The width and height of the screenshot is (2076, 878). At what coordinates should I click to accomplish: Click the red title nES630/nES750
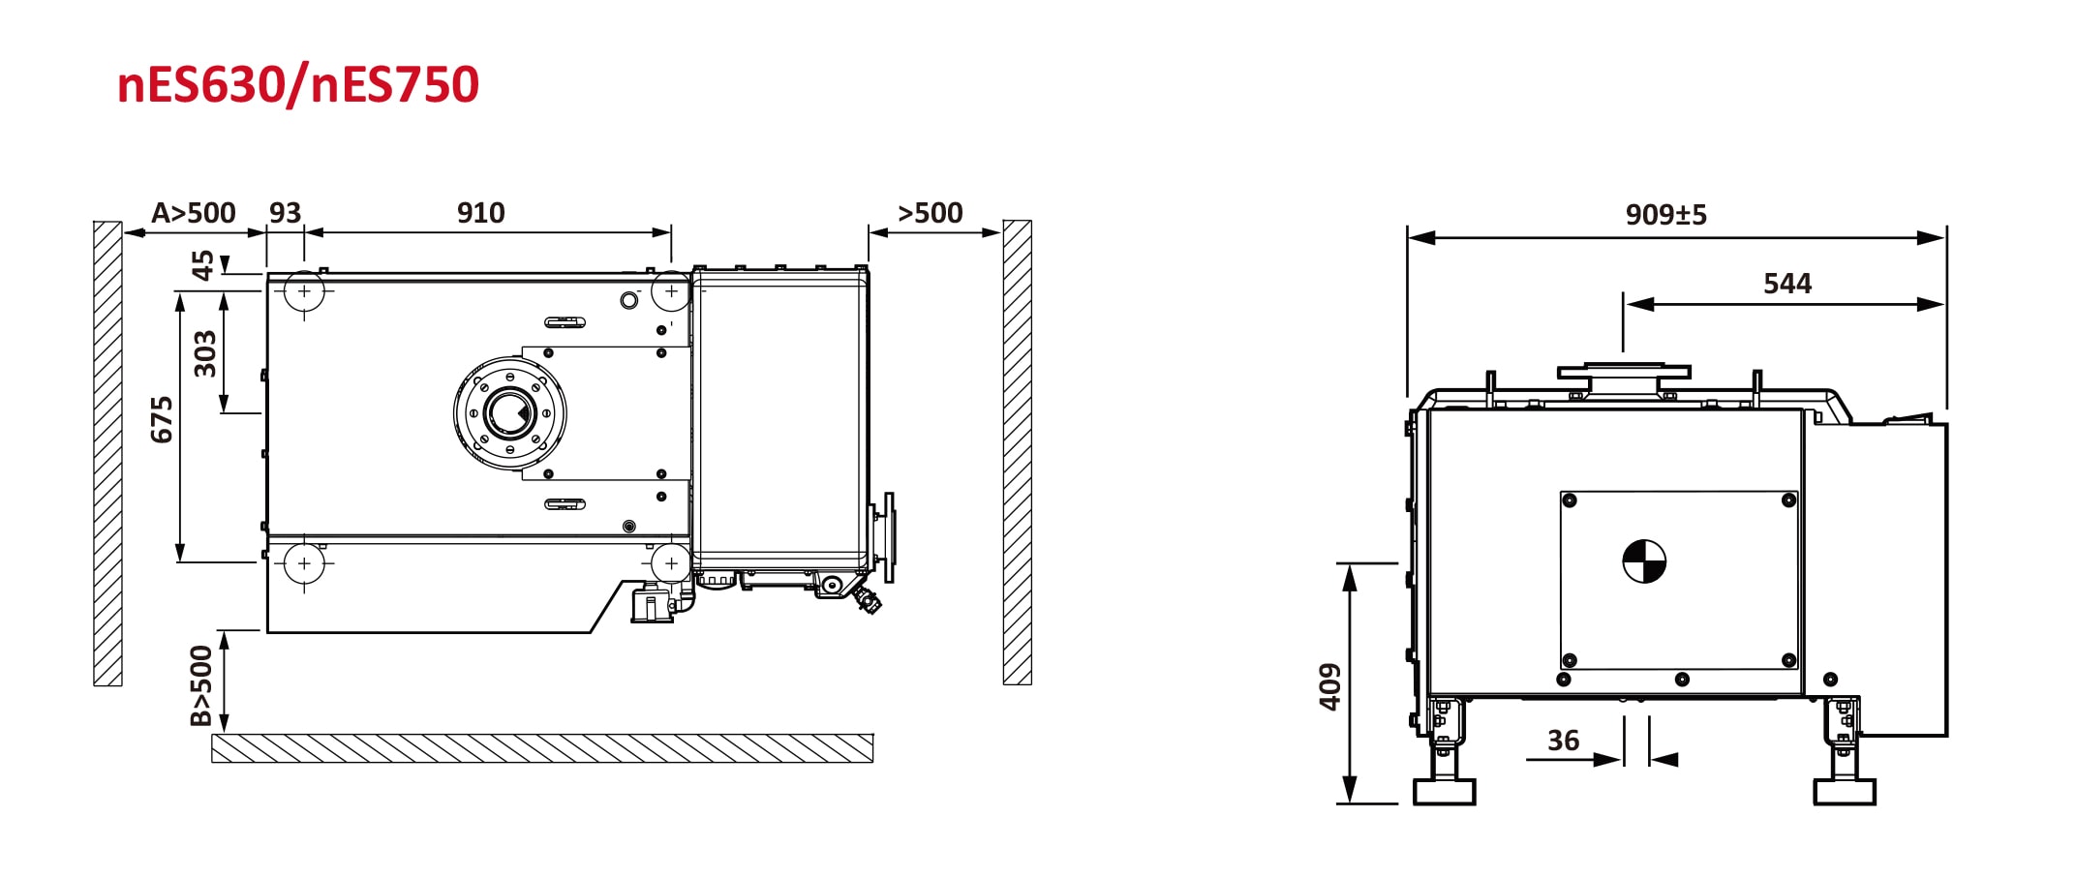point(298,85)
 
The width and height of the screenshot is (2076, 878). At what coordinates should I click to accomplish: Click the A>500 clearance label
point(194,213)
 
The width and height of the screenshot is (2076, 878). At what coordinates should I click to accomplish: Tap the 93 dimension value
point(285,213)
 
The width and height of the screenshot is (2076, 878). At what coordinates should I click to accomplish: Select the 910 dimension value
point(481,213)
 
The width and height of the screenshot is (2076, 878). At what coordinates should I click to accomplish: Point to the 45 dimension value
point(202,264)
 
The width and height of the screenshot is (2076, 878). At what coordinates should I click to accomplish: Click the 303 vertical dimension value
point(205,353)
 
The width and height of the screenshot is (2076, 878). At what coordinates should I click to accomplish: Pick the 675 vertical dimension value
point(162,419)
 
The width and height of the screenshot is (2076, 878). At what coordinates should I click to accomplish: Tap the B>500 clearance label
point(200,685)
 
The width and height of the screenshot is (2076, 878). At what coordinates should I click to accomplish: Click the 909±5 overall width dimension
point(1665,215)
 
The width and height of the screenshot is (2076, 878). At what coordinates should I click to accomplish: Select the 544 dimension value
point(1786,284)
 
